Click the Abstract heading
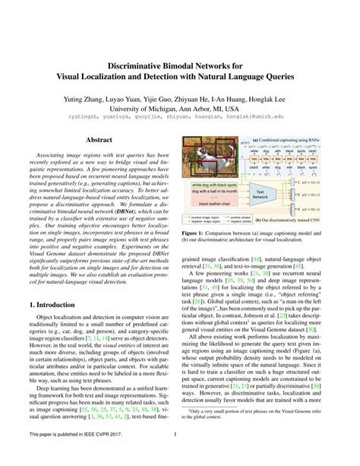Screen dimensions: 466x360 point(99,140)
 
